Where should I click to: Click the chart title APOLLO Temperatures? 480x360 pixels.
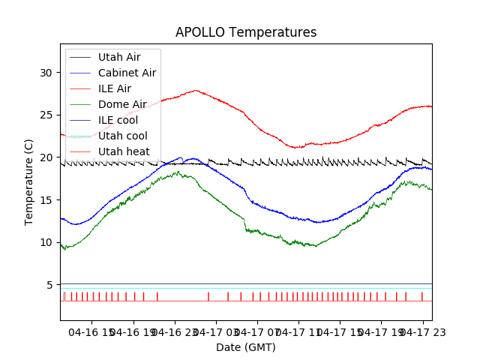pos(246,32)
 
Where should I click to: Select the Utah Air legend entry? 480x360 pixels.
pos(118,57)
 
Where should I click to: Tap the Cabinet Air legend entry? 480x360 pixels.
pos(127,73)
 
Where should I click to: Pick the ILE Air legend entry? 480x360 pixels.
pos(114,88)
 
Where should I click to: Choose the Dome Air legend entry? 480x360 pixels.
pos(122,104)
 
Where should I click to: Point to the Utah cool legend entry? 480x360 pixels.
pos(123,136)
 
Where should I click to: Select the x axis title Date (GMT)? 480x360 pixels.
pos(246,347)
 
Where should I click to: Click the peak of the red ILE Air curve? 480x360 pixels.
pos(196,90)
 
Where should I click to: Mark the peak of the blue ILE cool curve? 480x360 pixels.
pos(181,157)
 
